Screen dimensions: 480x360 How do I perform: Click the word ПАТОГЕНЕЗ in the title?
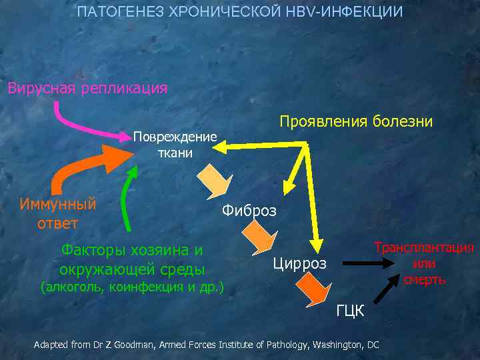pyautogui.click(x=111, y=13)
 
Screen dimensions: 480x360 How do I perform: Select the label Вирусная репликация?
pyautogui.click(x=87, y=88)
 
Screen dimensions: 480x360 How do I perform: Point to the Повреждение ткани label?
pyautogui.click(x=175, y=145)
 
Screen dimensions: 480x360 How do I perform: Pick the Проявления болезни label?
pyautogui.click(x=356, y=121)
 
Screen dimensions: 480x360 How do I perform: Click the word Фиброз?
pyautogui.click(x=249, y=211)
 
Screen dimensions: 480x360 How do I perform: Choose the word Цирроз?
pyautogui.click(x=300, y=263)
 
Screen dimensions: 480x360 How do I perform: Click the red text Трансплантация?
pyautogui.click(x=424, y=248)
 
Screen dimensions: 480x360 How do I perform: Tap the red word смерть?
pyautogui.click(x=424, y=279)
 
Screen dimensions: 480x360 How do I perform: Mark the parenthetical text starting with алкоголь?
pyautogui.click(x=132, y=287)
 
